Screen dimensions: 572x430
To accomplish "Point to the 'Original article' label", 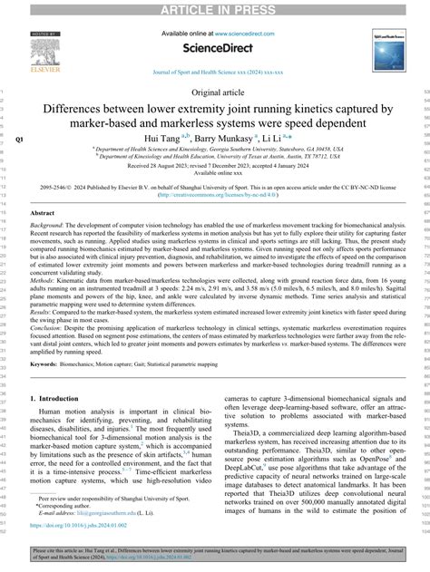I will click(214, 93).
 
